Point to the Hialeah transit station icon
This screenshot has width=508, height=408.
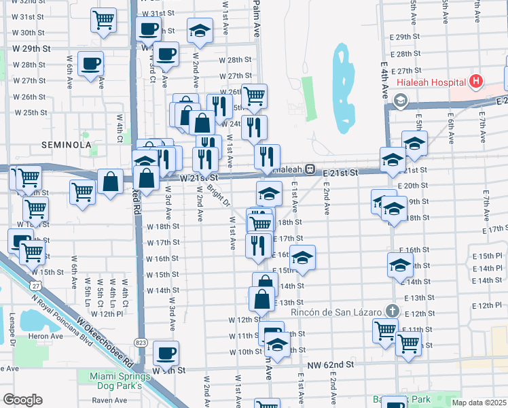point(308,169)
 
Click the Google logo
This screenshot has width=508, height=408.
point(22,400)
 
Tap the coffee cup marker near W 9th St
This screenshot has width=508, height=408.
point(166,352)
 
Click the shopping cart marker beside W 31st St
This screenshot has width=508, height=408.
point(103,20)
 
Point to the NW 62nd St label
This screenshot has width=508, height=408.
point(331,365)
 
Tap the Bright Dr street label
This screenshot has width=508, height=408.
point(219,195)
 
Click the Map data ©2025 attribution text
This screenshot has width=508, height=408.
point(479,403)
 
